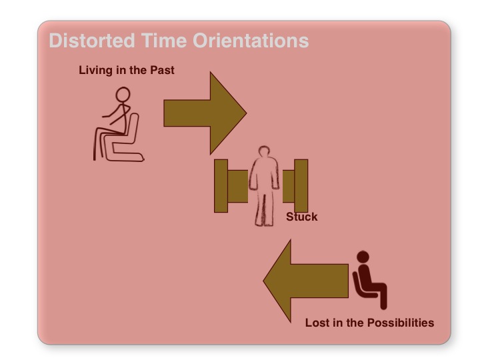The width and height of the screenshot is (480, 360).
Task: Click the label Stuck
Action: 301,217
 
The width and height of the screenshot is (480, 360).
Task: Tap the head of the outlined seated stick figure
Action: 123,95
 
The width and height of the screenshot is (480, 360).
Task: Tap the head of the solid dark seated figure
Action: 363,257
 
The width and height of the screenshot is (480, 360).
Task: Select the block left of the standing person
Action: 229,185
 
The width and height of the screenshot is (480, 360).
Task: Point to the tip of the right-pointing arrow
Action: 245,113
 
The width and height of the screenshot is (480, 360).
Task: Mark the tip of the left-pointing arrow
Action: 265,280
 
